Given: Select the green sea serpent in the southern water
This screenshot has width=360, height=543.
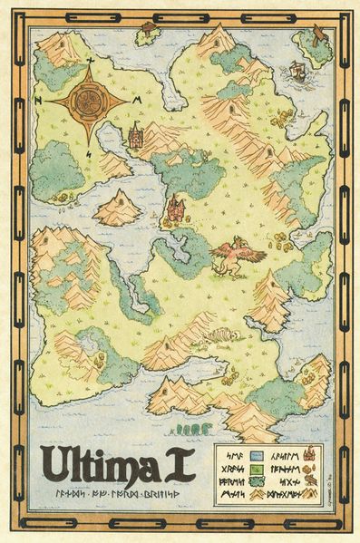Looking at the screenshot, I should click(x=193, y=426).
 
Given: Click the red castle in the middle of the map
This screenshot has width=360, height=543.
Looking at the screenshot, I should click(x=174, y=210).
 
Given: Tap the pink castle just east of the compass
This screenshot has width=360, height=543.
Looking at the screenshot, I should click(x=137, y=138).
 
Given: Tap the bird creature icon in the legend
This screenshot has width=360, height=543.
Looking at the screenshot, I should click(x=310, y=480).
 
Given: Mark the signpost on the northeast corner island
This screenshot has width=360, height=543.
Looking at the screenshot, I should click(x=318, y=35).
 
